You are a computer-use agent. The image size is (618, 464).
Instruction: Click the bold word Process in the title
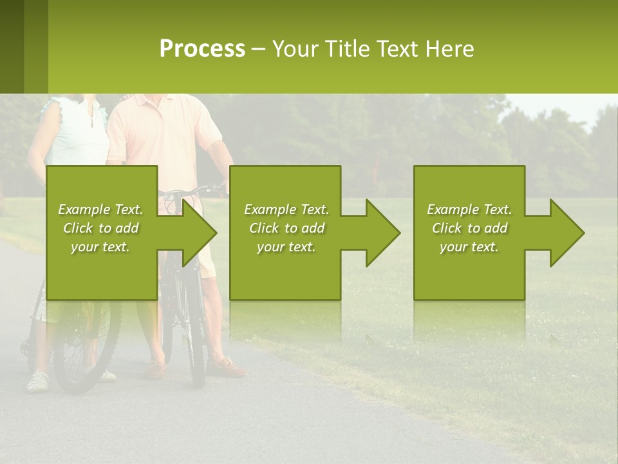[x=202, y=49]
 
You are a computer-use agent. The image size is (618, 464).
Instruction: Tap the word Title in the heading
[x=345, y=49]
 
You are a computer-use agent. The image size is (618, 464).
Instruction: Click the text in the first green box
[x=101, y=228]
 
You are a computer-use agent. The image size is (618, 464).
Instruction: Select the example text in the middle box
[x=286, y=228]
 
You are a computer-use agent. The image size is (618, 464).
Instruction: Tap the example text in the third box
[x=469, y=228]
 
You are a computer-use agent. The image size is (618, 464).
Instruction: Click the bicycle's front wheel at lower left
[x=86, y=348]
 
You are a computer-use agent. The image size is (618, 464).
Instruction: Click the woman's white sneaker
[x=38, y=381]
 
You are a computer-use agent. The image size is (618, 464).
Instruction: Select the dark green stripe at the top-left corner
[x=12, y=46]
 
